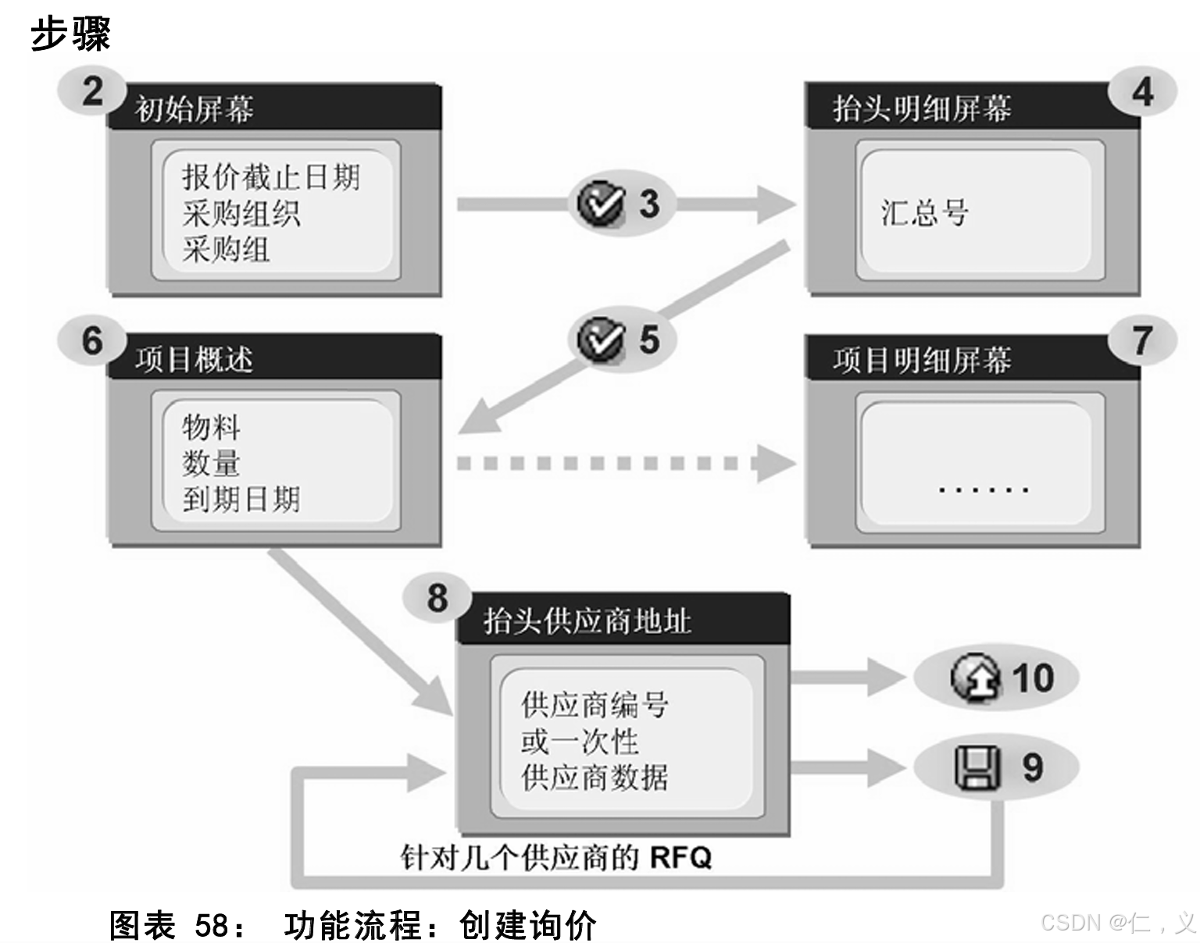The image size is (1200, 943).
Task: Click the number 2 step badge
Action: click(x=92, y=91)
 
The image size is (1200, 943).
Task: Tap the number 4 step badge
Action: click(x=1142, y=91)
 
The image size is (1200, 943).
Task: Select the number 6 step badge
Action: click(x=92, y=341)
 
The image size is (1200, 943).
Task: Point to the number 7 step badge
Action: click(x=1142, y=340)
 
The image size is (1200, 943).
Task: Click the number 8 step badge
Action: click(x=437, y=598)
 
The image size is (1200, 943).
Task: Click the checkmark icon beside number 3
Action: click(x=600, y=204)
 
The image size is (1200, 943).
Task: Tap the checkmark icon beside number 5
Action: click(x=600, y=340)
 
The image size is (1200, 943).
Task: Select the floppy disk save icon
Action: click(x=977, y=767)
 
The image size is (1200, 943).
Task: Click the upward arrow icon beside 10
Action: click(x=975, y=678)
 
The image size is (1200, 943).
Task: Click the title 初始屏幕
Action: click(x=195, y=109)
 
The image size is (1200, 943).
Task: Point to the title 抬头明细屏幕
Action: click(x=922, y=109)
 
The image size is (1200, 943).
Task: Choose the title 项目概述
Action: click(x=195, y=360)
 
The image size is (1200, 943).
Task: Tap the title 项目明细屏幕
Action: click(x=922, y=360)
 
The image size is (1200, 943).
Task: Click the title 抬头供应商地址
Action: click(x=587, y=621)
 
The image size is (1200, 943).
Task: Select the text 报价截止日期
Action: click(x=271, y=177)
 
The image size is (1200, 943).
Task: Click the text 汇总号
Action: click(x=925, y=212)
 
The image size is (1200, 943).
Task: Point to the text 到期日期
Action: click(x=241, y=499)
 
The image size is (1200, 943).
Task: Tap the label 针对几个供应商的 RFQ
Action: click(x=556, y=857)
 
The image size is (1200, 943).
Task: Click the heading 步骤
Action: click(x=70, y=34)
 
